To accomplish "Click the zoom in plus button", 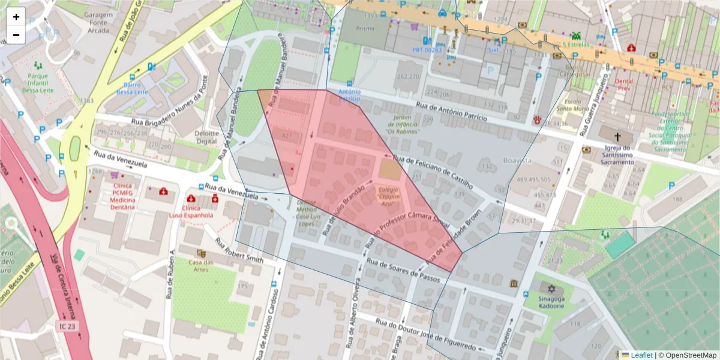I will (x=16, y=17).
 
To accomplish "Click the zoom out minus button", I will (x=16, y=35).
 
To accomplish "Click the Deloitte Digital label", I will (x=206, y=137).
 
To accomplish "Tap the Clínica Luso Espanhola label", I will (x=191, y=211).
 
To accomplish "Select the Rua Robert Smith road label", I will (x=239, y=251).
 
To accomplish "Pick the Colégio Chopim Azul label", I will (x=389, y=196).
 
